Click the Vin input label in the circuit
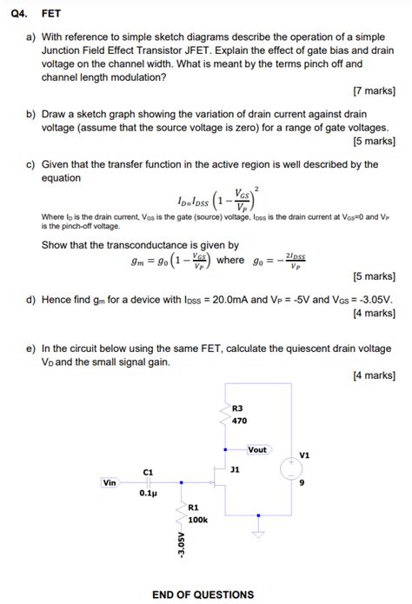point(109,482)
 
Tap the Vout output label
point(256,449)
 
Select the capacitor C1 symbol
point(148,483)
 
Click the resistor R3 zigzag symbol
point(225,415)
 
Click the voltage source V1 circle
point(289,469)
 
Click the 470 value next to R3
point(240,421)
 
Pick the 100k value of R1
point(197,519)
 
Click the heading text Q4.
point(17,14)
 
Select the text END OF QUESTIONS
point(203,594)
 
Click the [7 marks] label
point(374,90)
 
